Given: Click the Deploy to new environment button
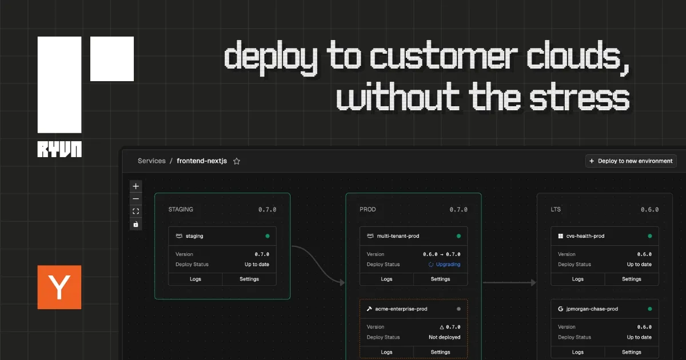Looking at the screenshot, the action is point(631,161).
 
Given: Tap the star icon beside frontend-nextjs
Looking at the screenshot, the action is point(237,161).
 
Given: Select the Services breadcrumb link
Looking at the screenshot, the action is point(151,161).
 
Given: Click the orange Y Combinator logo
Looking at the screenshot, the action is point(59,287).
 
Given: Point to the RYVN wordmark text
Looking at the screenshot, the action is point(59,149).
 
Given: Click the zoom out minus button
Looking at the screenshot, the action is point(135,199).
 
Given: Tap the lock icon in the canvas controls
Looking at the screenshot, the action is point(135,224).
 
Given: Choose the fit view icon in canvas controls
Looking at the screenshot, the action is point(135,211).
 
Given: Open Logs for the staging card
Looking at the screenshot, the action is point(196,279).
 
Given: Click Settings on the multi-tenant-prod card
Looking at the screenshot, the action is point(440,279).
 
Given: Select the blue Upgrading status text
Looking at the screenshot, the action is point(448,264).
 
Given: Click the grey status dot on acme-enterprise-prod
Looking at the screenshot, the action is point(458,309).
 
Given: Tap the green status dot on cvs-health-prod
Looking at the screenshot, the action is point(650,236).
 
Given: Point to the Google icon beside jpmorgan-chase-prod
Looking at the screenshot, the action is point(560,309).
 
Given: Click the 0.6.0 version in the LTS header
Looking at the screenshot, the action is point(649,210).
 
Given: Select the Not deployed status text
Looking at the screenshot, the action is point(444,337).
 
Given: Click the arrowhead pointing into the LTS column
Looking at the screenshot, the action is point(534,282).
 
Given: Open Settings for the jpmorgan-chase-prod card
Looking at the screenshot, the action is point(632,352).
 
